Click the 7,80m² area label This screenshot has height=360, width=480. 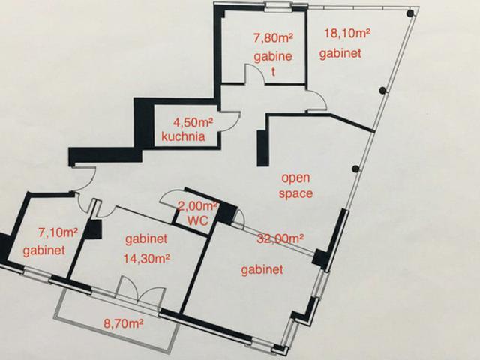coord(273,39)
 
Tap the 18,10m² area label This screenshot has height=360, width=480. coord(347,33)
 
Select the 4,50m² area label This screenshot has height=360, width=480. coord(193,123)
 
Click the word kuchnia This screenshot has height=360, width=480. coord(183,136)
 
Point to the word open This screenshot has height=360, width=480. coord(295,178)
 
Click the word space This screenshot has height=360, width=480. coord(295,194)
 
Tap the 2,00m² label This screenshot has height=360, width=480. coord(198,206)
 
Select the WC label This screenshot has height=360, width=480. coord(198,220)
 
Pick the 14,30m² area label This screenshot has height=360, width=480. coord(147,259)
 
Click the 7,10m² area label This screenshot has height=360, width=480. coord(58,233)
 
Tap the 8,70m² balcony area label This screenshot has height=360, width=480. coord(124,323)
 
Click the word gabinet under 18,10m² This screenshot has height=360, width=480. coord(340,54)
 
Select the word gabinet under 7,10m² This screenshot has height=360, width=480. coord(44,250)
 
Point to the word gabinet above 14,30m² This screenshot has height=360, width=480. coord(146,239)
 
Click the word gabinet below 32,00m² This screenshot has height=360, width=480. coord(262,270)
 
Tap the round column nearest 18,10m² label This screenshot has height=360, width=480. coord(410,13)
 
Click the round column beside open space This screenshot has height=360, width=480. coord(355,169)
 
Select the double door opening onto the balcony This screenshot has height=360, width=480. coord(139,290)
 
